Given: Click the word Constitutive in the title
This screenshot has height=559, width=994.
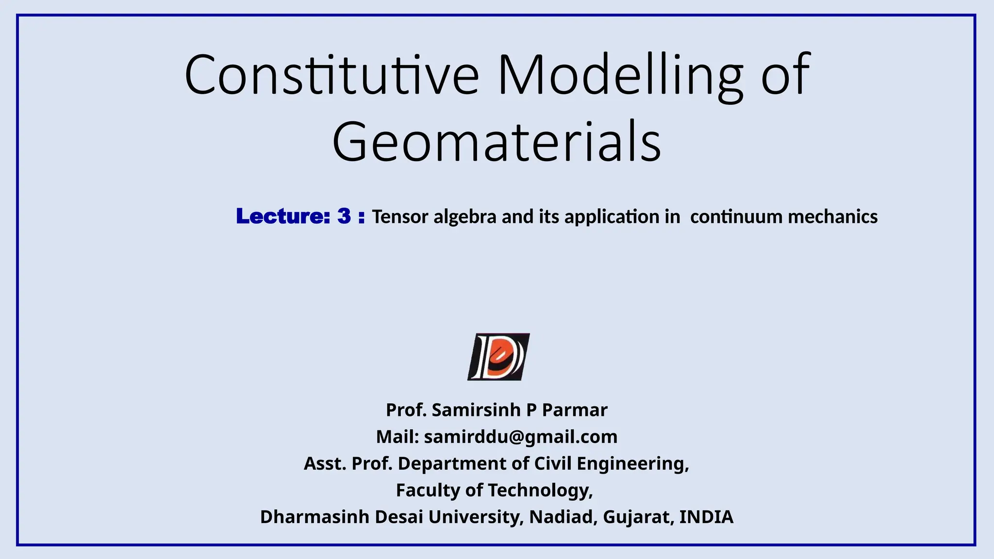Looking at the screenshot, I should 331,75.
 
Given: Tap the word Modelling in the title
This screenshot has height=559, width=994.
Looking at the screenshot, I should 620,75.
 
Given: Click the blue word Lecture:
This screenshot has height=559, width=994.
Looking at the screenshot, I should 283,216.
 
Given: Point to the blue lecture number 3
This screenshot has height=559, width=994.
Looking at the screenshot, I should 344,216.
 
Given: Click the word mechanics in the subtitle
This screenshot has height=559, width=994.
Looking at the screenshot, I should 833,216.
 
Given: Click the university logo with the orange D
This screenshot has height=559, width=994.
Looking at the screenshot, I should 498,357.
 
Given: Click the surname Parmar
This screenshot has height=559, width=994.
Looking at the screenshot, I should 575,410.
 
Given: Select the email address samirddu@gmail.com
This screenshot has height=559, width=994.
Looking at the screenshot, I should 521,437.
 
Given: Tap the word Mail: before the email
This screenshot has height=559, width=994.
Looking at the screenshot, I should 398,437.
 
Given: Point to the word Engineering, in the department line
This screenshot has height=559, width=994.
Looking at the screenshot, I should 633,464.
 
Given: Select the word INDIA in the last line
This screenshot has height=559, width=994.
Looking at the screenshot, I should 706,517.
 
